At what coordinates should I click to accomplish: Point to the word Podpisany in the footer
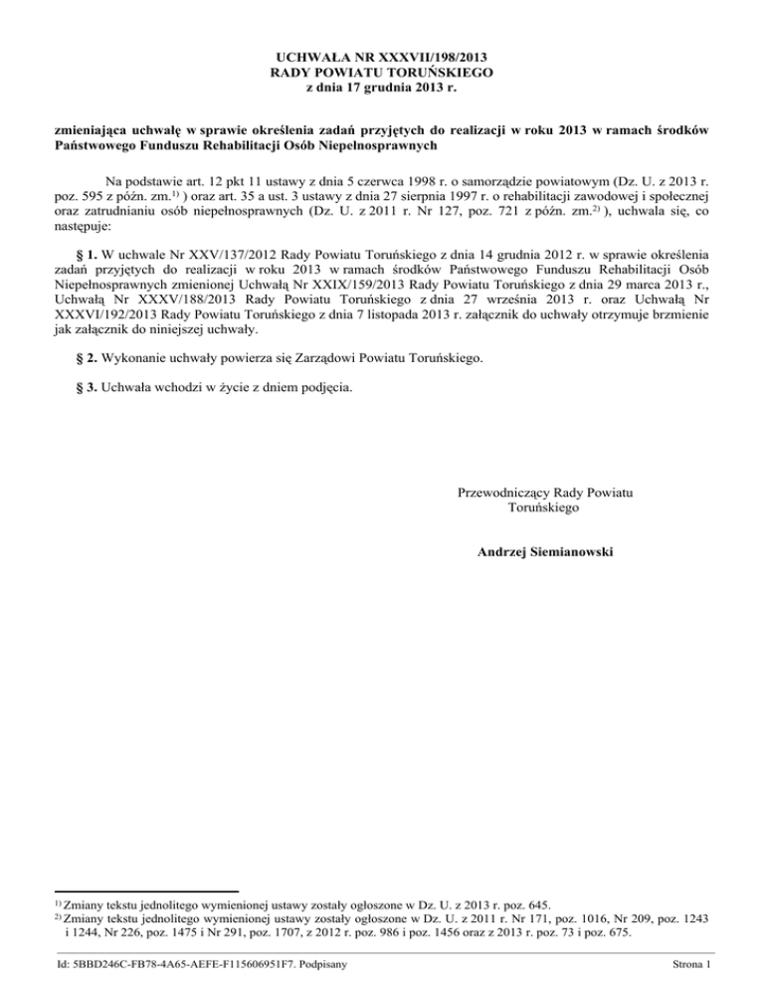(310, 963)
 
